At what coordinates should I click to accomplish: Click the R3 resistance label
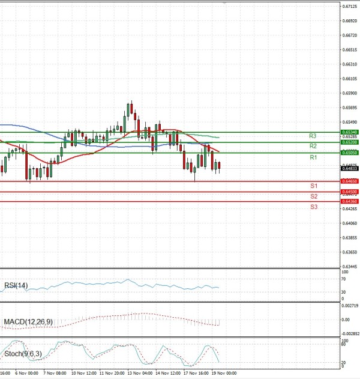click(313, 136)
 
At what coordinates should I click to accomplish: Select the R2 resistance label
click(313, 146)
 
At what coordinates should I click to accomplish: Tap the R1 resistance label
click(313, 157)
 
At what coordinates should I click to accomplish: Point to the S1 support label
click(313, 186)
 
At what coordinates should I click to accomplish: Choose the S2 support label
click(313, 196)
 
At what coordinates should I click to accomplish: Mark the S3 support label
click(313, 207)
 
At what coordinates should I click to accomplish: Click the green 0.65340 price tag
click(350, 132)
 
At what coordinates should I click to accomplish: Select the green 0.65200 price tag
click(350, 142)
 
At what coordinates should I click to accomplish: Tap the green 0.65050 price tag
click(350, 153)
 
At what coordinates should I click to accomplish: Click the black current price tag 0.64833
click(350, 169)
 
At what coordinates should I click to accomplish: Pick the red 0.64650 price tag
click(350, 181)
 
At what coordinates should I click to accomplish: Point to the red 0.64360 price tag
click(350, 202)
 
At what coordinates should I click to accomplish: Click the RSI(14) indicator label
click(15, 285)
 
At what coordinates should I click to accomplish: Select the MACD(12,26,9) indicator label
click(28, 322)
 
